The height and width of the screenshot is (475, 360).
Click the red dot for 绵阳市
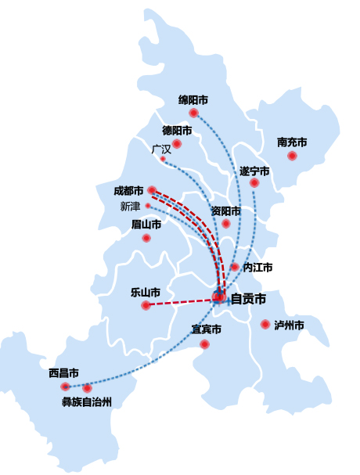(x=193, y=113)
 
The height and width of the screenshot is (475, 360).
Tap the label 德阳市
(x=177, y=131)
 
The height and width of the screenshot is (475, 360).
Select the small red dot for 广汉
(x=163, y=159)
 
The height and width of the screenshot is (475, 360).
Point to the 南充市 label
(x=292, y=142)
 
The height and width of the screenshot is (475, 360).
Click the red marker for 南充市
(x=292, y=156)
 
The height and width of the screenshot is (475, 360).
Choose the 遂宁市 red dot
(x=254, y=182)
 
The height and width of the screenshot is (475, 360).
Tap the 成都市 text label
(x=128, y=191)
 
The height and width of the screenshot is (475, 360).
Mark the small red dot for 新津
(x=148, y=206)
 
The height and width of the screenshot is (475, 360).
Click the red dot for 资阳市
(x=226, y=224)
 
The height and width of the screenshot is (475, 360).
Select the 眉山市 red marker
(x=146, y=238)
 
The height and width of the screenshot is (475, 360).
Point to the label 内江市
(x=257, y=268)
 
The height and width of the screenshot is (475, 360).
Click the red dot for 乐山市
(x=146, y=305)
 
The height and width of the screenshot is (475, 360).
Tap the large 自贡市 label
(x=249, y=299)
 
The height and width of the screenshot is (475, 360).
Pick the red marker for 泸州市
(x=265, y=325)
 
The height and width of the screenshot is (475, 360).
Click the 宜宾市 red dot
(x=204, y=344)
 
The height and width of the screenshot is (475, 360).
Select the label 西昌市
(x=63, y=373)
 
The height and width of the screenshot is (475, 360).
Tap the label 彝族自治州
(x=87, y=402)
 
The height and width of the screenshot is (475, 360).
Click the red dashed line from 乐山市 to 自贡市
(x=179, y=302)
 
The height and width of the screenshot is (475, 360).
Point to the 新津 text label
(x=130, y=207)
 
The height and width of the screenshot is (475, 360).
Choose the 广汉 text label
(x=161, y=149)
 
